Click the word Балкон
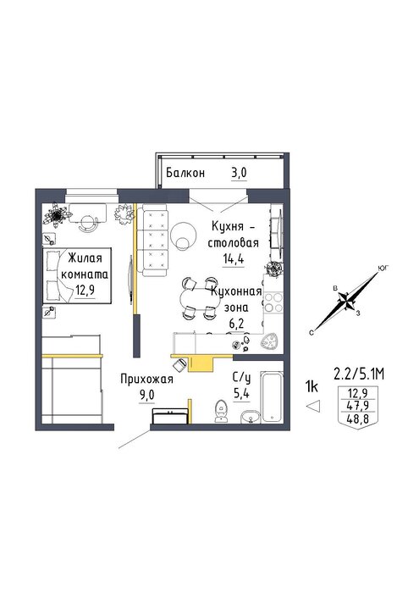pos(185,173)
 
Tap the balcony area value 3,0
pos(239,173)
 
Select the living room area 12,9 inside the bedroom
pos(85,291)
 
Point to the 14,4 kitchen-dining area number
pos(233,259)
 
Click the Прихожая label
pos(146,379)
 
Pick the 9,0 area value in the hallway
pos(147,396)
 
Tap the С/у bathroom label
pos(241,378)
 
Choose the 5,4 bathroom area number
pos(241,394)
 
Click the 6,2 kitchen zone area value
pos(236,324)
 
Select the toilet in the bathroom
pos(220,411)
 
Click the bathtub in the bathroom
pos(272,396)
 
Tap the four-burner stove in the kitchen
pos(273,302)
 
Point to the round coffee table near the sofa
pos(183,235)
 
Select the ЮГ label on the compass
pos(383,269)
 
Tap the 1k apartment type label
pos(311,386)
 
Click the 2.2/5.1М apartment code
pos(359,374)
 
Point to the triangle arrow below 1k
pos(313,406)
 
